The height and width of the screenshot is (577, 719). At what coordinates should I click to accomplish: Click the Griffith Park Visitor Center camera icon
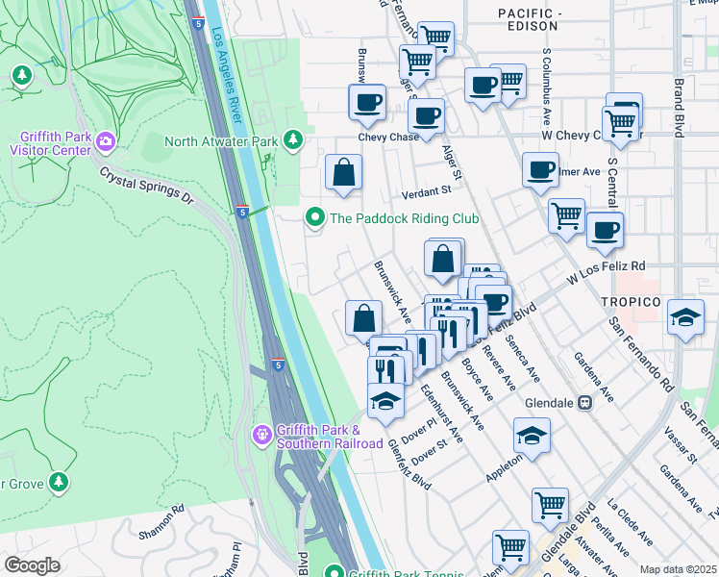pyautogui.click(x=104, y=142)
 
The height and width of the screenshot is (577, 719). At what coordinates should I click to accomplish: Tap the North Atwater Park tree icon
pyautogui.click(x=293, y=142)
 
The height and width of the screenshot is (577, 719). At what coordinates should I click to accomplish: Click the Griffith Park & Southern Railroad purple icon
pyautogui.click(x=261, y=436)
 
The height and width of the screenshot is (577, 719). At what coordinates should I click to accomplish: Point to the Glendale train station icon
pyautogui.click(x=583, y=404)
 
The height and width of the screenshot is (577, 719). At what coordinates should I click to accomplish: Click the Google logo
pyautogui.click(x=31, y=565)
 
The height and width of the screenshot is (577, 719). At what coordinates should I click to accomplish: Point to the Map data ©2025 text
pyautogui.click(x=678, y=569)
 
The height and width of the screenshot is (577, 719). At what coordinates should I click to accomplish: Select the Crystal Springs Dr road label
pyautogui.click(x=147, y=186)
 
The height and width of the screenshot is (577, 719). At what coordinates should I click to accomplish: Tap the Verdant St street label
pyautogui.click(x=426, y=191)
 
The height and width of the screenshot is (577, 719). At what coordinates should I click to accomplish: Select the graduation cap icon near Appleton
pyautogui.click(x=532, y=437)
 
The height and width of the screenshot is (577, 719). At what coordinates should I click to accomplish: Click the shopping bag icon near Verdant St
pyautogui.click(x=343, y=173)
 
